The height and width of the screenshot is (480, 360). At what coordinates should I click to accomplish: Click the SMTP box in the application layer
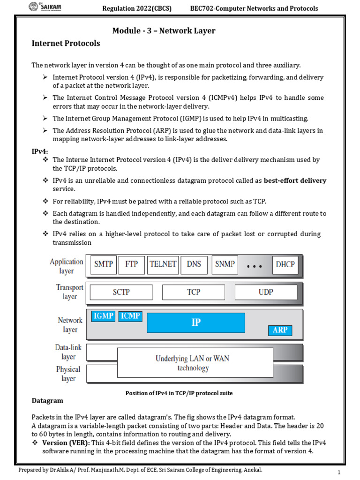pyautogui.click(x=103, y=264)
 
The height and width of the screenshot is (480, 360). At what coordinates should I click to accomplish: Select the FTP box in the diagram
pyautogui.click(x=131, y=264)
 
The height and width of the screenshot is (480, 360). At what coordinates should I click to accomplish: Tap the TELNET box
pyautogui.click(x=163, y=264)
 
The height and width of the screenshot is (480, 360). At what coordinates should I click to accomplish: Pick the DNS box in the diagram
pyautogui.click(x=194, y=264)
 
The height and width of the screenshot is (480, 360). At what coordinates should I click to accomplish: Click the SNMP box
pyautogui.click(x=225, y=264)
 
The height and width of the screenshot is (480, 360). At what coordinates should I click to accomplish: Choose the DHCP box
pyautogui.click(x=285, y=264)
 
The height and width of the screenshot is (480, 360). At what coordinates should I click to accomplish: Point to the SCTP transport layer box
pyautogui.click(x=121, y=292)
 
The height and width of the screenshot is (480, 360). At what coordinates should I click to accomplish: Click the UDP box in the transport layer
pyautogui.click(x=265, y=292)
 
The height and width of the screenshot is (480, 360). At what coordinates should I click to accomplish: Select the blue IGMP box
pyautogui.click(x=103, y=316)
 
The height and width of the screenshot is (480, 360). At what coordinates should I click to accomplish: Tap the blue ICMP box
pyautogui.click(x=130, y=316)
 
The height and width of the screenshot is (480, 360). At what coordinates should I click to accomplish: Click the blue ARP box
pyautogui.click(x=280, y=330)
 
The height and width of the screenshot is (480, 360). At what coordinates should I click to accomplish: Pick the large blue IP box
pyautogui.click(x=195, y=322)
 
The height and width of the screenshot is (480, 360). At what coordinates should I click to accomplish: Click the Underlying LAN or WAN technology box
pyautogui.click(x=192, y=363)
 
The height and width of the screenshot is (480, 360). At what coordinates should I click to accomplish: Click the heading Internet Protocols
pyautogui.click(x=66, y=43)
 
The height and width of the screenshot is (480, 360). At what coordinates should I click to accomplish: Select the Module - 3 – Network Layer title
pyautogui.click(x=164, y=31)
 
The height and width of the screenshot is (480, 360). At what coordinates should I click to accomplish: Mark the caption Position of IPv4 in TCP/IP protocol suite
pyautogui.click(x=179, y=393)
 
